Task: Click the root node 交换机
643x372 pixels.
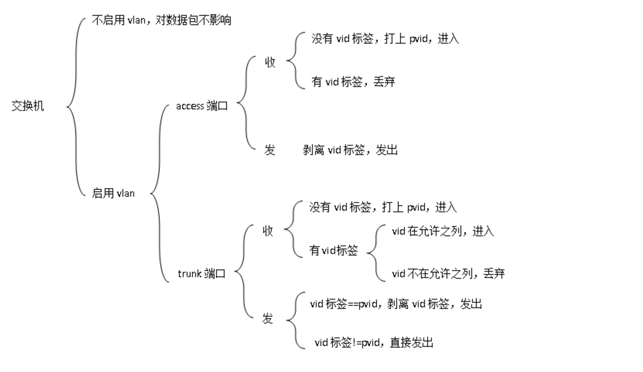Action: coord(28,106)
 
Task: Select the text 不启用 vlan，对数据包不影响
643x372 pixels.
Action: coord(162,20)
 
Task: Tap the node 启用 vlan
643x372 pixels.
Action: coord(113,193)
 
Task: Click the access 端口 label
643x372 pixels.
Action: coord(202,106)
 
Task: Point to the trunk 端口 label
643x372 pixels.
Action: coord(202,273)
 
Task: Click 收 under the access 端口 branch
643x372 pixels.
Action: coord(270,62)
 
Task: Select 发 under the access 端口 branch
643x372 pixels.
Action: coord(270,150)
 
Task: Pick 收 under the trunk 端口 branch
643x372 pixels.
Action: coord(268,231)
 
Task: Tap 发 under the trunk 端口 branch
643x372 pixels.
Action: coord(267,319)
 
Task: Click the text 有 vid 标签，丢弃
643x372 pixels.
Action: coord(353,81)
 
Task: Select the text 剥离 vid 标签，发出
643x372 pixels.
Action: coord(350,150)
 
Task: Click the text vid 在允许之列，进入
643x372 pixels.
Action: coord(443,231)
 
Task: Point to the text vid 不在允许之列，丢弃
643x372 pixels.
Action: coord(448,273)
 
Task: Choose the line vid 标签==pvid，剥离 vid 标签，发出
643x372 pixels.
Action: coord(396,304)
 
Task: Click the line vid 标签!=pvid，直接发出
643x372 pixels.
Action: coord(374,342)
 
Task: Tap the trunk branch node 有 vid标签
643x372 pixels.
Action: coord(334,251)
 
